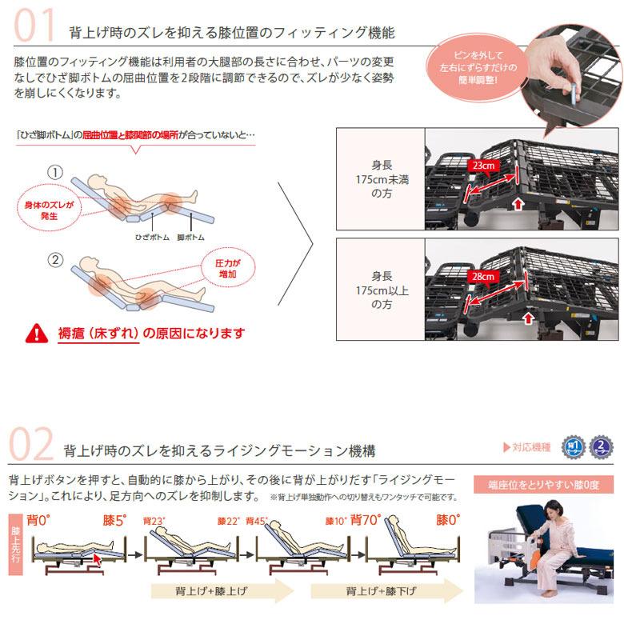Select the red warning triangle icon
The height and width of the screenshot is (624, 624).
[37, 332]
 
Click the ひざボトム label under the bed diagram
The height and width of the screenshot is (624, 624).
[151, 238]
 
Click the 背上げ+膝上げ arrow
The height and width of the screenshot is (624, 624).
[221, 593]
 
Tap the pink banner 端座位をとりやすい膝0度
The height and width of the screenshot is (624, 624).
[543, 484]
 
